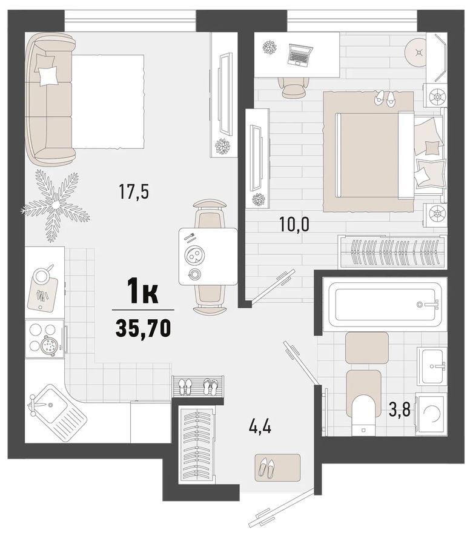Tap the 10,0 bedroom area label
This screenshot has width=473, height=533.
(294, 225)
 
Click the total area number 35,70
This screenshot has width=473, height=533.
(143, 328)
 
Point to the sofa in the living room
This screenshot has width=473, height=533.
(51, 100)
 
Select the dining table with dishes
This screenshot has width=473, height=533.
(208, 257)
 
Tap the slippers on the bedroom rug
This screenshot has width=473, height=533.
(384, 99)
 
